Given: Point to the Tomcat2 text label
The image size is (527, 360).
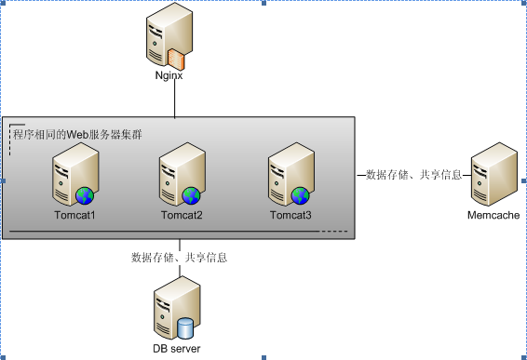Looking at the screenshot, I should coord(182,216).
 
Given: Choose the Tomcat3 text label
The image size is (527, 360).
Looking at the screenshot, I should coord(291,216).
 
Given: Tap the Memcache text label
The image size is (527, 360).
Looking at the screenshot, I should coord(493,215).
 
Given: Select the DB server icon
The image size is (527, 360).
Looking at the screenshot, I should coord(176,313).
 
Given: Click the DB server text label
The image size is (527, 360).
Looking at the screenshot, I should coord(177,349).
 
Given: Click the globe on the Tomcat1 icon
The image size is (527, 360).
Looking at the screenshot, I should coord(85,195).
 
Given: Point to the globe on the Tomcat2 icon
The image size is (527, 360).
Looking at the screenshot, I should coord(191,195).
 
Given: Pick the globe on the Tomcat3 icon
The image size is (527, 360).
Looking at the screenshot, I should coord(300,195).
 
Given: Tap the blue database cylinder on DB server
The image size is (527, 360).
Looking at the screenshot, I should coord(186,328).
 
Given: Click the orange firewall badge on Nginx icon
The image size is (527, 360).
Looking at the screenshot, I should coord(178,60).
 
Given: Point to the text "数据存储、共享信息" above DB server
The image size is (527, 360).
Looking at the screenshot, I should coord(179,258).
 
